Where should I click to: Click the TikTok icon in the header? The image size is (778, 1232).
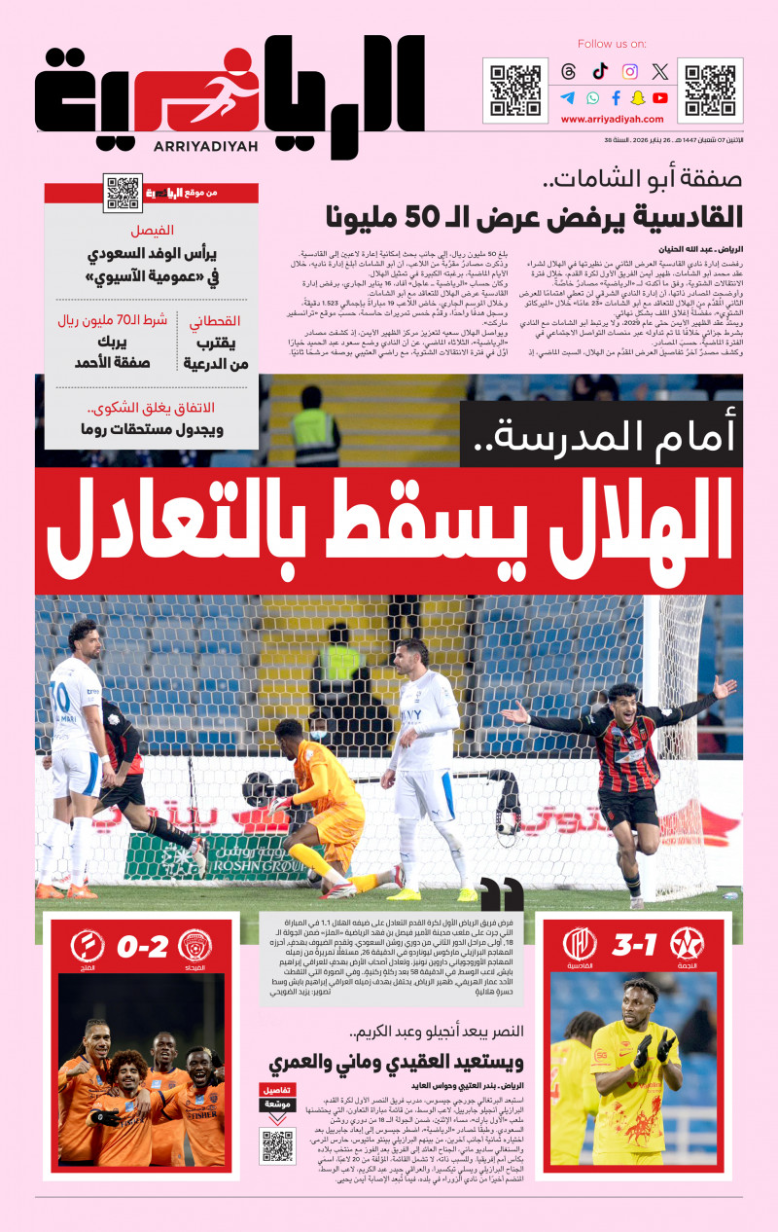(x=600, y=71)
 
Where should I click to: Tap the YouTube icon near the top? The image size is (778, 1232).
(x=660, y=97)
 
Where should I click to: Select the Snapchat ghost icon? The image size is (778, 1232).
(x=638, y=97)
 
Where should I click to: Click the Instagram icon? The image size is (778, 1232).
(x=630, y=71)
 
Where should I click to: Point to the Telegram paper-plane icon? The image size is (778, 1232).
(x=568, y=97)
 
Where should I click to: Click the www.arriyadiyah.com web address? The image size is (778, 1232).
(x=613, y=120)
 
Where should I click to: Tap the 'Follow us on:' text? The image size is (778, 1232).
(x=612, y=44)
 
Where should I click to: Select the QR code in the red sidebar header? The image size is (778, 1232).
(x=123, y=192)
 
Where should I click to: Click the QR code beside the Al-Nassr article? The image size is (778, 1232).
(x=278, y=1145)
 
